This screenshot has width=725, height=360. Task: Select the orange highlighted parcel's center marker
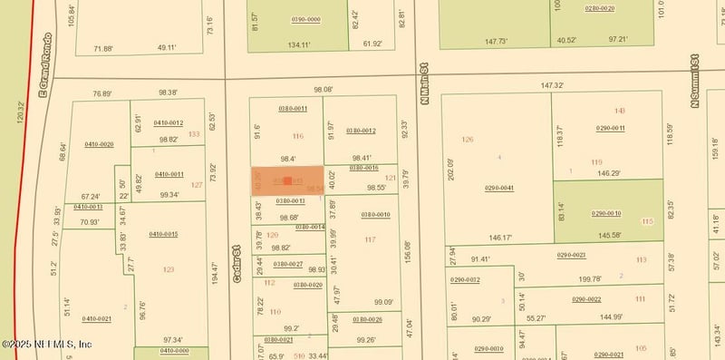[287, 181]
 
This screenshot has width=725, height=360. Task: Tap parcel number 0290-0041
[498, 188]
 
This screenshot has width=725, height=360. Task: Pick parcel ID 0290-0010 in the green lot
[606, 213]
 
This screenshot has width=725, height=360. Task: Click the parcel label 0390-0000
[305, 18]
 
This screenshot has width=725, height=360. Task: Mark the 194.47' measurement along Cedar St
[214, 275]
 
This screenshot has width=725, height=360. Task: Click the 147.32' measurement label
[552, 86]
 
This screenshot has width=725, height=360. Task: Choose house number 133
[194, 134]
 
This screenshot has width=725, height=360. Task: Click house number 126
[468, 140]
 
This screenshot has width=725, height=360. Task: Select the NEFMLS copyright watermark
[47, 345]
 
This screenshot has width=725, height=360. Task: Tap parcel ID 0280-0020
[599, 8]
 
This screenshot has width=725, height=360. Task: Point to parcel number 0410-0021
[97, 318]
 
